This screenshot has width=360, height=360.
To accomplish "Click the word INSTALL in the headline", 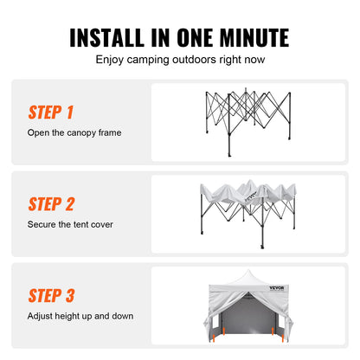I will pos(106,38).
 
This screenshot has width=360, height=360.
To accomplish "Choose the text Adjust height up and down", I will pos(81,316).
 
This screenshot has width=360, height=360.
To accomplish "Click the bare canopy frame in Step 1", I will pos(252,121).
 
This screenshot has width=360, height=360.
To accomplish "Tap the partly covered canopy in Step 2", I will pos(252,208).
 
